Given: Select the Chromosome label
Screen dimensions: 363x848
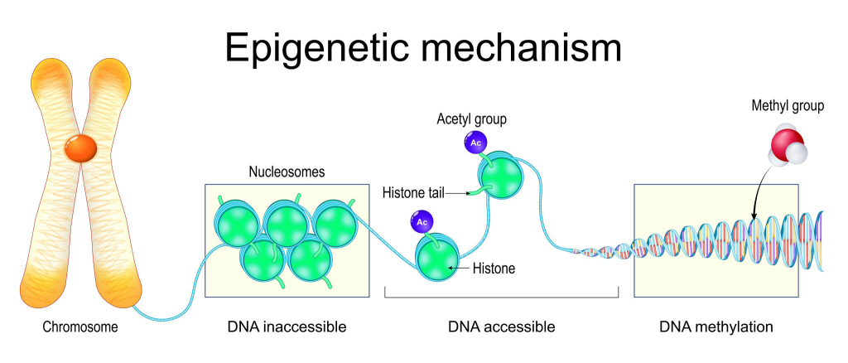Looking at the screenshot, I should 80,327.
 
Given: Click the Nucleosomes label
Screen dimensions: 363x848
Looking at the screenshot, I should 287,172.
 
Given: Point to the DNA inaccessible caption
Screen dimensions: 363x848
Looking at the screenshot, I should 287,327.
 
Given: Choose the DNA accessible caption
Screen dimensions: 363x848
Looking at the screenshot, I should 502,327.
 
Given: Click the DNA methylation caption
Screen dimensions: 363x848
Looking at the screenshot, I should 716,327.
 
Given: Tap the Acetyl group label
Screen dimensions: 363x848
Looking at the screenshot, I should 471,119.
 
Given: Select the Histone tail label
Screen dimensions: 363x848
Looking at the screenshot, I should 413,193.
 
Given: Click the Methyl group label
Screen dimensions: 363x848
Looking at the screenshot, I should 788,106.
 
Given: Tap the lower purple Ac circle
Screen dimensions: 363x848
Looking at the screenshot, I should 422,221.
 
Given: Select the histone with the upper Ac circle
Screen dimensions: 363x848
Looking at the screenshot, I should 503,175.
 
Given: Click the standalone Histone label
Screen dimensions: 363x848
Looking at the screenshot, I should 494,269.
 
